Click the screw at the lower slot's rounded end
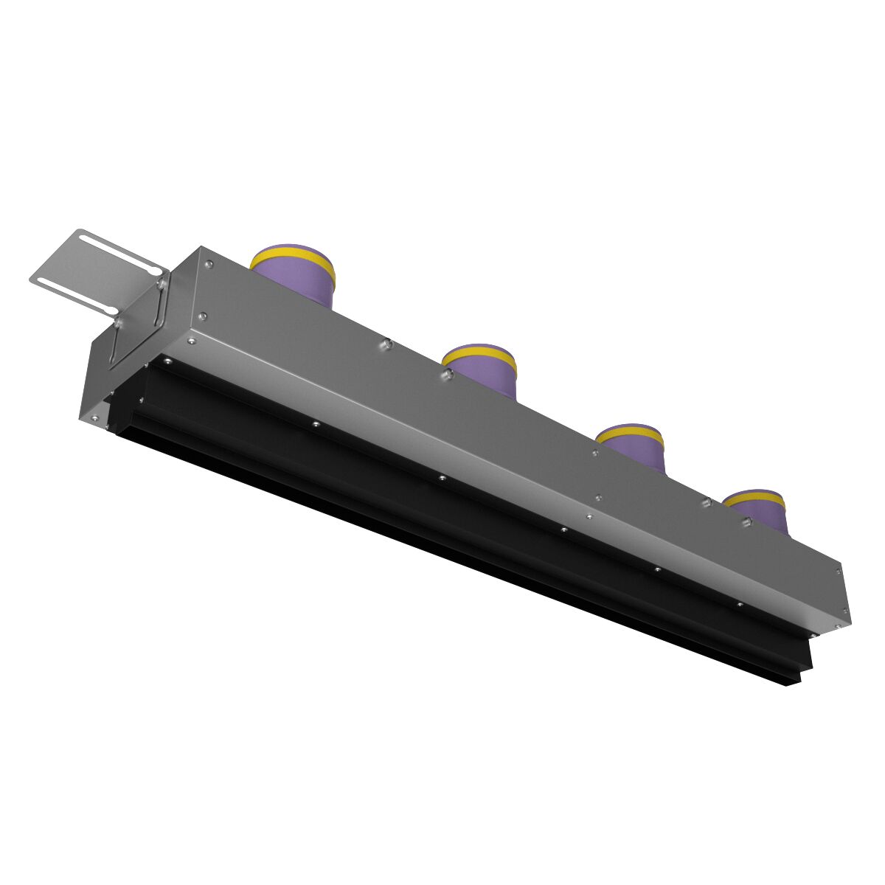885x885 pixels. pyautogui.click(x=118, y=322)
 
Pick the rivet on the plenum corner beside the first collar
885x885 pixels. pyautogui.click(x=209, y=264)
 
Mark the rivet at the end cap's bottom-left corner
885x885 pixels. pyautogui.click(x=95, y=417)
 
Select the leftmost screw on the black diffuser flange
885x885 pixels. pyautogui.click(x=167, y=361)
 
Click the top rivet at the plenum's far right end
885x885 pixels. pyautogui.click(x=839, y=569)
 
